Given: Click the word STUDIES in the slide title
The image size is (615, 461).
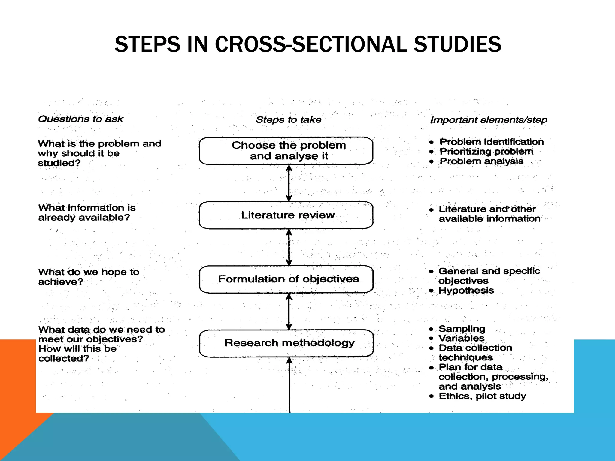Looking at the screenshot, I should pos(457,44).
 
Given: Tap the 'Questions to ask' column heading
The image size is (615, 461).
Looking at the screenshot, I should pos(80,119).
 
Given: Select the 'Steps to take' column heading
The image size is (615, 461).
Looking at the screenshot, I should pos(288,120).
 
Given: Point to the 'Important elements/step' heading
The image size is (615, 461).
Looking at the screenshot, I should pos(489,120).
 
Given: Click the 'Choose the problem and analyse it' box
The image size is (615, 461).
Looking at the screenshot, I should pos(286,151).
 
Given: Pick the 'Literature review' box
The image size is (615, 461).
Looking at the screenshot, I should pos(286,215).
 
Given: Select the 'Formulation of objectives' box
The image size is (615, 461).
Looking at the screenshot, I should pos(286,279).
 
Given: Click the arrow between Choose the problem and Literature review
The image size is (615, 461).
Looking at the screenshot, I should pos(289,183).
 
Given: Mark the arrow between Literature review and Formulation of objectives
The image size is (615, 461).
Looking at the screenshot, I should pos(289,247).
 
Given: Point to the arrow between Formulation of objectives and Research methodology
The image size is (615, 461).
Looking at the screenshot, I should pos(289,312).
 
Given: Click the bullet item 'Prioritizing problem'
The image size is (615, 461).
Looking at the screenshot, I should pos(486,152).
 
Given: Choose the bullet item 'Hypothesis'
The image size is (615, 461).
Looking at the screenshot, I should pos(466,291).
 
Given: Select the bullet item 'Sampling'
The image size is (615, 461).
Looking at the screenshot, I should pos(462,329).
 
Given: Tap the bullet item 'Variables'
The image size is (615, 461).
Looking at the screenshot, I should pos(462,338).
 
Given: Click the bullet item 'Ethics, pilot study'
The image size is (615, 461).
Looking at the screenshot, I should pos(482,396).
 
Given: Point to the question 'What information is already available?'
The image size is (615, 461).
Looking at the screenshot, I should pos(87,212).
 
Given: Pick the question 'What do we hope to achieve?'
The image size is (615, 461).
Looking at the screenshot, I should pos(89,277).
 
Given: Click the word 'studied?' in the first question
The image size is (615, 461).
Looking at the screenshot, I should pos(59,163).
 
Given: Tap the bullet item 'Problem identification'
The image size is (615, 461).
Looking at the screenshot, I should pos(492,142).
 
